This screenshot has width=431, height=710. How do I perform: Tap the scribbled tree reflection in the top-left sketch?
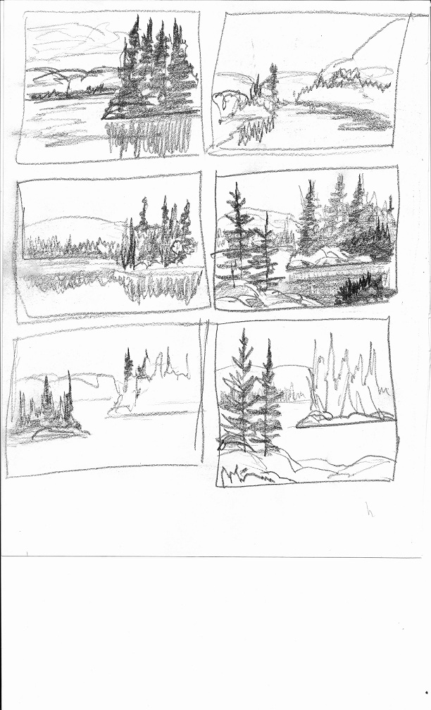pyautogui.click(x=151, y=137)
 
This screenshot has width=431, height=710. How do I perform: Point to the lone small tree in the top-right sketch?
pyautogui.click(x=273, y=85)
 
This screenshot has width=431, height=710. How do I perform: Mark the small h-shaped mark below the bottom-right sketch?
pyautogui.click(x=369, y=509)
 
